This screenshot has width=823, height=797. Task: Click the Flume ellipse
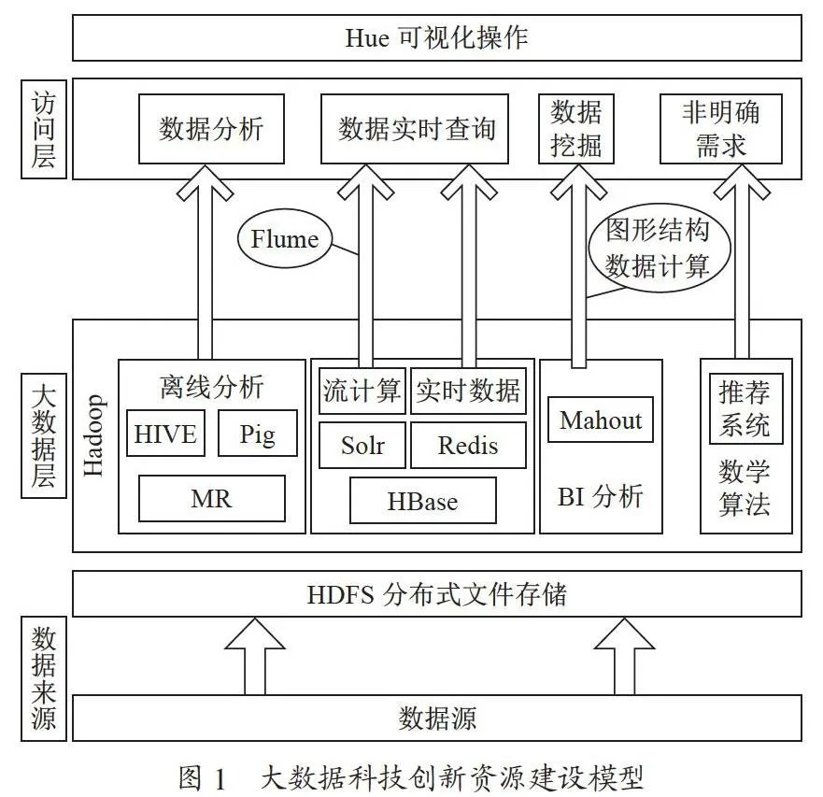click(285, 239)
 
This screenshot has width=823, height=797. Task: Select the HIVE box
click(165, 434)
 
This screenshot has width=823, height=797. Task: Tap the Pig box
click(257, 434)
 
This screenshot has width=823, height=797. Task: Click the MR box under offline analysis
click(211, 498)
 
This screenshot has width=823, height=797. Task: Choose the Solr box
click(362, 446)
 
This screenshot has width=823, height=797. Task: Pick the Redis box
click(468, 446)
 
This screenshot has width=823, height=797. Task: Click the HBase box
click(422, 501)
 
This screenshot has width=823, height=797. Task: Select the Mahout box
click(601, 420)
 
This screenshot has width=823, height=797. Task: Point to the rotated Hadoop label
click(93, 435)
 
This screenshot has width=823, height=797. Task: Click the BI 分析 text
click(600, 496)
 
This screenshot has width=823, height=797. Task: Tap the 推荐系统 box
click(745, 408)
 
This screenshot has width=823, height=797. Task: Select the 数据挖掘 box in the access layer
click(576, 129)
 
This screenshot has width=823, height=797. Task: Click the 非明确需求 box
click(720, 129)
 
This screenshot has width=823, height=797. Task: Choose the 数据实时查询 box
click(415, 129)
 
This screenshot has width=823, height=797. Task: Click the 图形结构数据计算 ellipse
click(660, 248)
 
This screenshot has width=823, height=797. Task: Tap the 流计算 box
click(362, 391)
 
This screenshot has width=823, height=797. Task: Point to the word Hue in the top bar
click(367, 37)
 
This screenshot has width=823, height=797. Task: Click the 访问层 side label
click(44, 129)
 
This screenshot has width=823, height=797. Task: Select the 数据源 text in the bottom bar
click(437, 718)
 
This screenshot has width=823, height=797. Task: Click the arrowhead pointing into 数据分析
click(205, 181)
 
